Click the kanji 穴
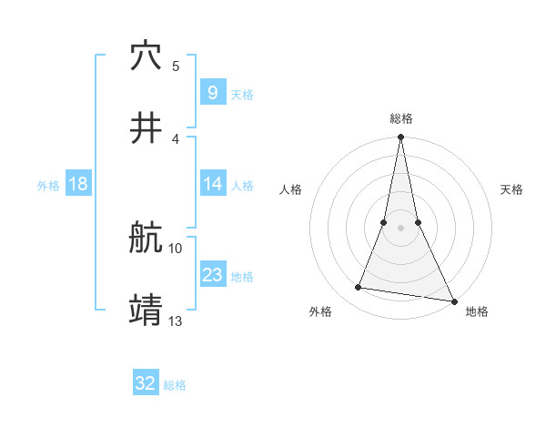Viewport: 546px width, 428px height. point(147,56)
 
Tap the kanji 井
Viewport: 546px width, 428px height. point(147,129)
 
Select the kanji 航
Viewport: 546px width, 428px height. point(147,239)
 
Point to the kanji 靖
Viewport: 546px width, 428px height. point(147,311)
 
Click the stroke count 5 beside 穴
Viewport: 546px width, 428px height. point(176,66)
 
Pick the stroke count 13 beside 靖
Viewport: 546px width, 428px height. point(176,321)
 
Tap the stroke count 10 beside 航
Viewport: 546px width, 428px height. point(176,248)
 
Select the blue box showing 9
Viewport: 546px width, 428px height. point(212,92)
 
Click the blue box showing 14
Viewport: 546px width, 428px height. point(212,184)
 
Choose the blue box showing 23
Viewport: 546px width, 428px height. point(212,275)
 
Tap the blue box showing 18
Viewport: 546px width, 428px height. point(78,184)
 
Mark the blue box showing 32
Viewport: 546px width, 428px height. point(146,383)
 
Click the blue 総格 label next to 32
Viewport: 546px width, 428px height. point(175,385)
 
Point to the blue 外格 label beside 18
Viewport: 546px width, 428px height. point(48,186)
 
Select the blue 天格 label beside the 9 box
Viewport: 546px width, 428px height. point(242,94)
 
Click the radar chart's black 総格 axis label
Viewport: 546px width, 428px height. point(401,118)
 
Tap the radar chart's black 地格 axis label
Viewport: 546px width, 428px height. point(477,311)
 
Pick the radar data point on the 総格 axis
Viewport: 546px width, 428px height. point(400,138)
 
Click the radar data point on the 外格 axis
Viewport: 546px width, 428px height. point(359,288)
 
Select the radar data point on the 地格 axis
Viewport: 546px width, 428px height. point(454,301)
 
